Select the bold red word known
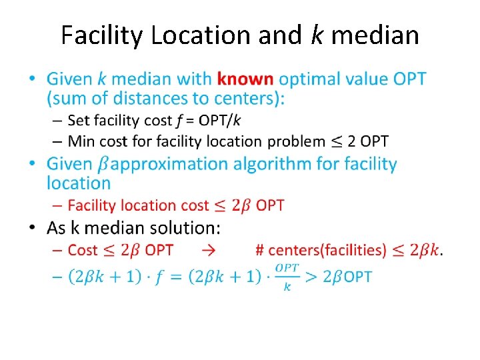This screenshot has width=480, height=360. coord(245,79)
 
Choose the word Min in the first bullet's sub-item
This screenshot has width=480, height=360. coord(80,141)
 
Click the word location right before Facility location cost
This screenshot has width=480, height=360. coord(78,183)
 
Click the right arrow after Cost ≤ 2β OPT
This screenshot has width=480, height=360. coord(209,251)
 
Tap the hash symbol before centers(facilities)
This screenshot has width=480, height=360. coord(259,251)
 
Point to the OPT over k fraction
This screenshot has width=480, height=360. coord(287,275)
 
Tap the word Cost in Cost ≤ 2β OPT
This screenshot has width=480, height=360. coord(83,251)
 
